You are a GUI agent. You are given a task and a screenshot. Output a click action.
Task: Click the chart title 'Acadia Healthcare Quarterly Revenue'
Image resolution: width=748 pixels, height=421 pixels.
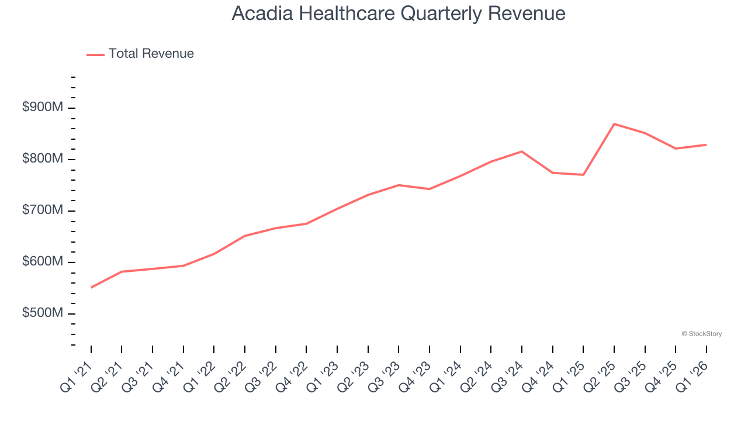[x=399, y=14]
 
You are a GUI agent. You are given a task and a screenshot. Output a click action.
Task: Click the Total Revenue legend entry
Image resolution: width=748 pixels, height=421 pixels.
[x=140, y=54]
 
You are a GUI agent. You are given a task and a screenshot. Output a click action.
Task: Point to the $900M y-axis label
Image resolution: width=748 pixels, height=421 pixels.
[x=42, y=108]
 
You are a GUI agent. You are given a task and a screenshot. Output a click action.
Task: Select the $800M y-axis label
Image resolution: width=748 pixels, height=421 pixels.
[x=42, y=159]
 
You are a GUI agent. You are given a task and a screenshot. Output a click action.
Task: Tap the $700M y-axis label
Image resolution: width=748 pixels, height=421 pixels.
[x=42, y=210]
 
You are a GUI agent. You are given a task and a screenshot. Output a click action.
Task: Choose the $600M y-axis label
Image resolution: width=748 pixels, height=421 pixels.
[x=42, y=262]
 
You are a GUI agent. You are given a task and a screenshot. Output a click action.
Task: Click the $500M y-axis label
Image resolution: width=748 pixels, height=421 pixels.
[x=42, y=313]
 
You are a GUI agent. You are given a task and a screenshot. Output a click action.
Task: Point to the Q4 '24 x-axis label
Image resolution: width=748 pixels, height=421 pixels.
[x=538, y=374]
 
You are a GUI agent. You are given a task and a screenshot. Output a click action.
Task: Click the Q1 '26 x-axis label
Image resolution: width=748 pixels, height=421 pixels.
[x=692, y=374]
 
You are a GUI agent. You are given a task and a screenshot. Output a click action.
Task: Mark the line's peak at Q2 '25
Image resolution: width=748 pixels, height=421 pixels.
[x=614, y=124]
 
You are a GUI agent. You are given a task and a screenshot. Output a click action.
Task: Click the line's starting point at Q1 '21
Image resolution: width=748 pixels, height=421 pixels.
[x=91, y=288]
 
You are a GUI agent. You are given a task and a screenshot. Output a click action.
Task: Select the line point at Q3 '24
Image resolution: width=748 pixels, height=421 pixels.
[x=522, y=151]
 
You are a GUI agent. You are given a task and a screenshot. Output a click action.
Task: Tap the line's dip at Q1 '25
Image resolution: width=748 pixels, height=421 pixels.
[x=583, y=175]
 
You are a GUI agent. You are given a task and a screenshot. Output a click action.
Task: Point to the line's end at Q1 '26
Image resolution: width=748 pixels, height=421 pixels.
[x=706, y=144]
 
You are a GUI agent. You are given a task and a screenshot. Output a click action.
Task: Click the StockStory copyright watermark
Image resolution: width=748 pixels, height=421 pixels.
[x=701, y=334]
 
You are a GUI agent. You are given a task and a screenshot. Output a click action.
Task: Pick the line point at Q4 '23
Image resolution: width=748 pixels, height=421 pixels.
[x=430, y=189]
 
